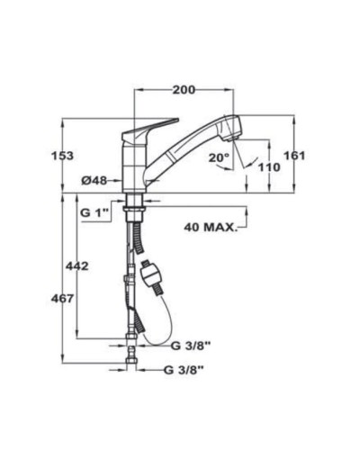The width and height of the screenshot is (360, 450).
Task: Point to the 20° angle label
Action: pos(219,157)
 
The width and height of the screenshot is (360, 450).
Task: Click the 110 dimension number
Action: pos(269,167)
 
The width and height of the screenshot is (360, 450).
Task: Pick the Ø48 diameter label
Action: pos(94,181)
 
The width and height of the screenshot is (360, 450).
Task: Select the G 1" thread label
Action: pos(94,211)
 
